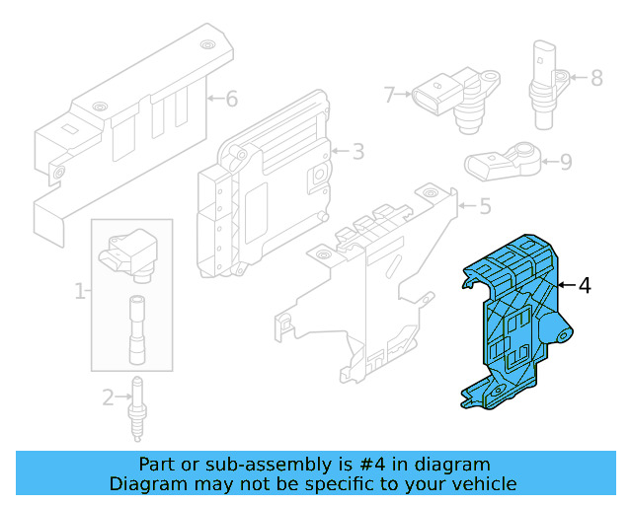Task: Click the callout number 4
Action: (x=586, y=286)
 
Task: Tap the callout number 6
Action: (x=232, y=99)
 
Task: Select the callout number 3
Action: (x=357, y=151)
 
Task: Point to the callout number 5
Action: (x=485, y=207)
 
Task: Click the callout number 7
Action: (x=390, y=95)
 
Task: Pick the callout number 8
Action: (x=596, y=77)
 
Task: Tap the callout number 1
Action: (x=79, y=291)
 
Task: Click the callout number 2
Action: (x=108, y=397)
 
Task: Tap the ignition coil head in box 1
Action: (x=131, y=252)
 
